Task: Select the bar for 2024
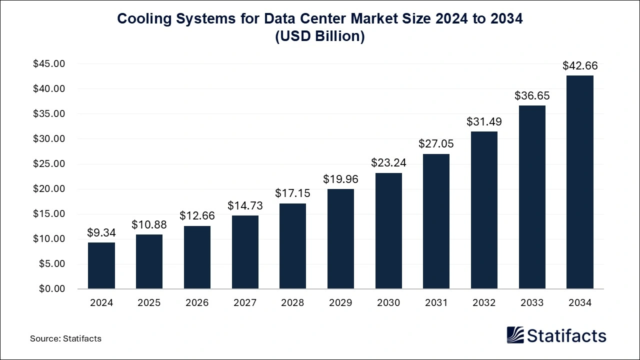101,265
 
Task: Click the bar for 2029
340,239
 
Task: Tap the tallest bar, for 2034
579,182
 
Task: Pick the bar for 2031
436,221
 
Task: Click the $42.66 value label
579,65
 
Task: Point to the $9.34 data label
101,232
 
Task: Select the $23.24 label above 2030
388,162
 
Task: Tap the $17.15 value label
292,193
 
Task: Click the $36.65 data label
532,95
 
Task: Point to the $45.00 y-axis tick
49,64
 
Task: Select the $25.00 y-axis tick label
49,164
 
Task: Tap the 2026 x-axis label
197,303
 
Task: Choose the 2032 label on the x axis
484,303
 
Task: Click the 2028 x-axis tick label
292,303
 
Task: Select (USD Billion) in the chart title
320,37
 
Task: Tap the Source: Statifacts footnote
65,338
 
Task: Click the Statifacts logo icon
515,335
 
